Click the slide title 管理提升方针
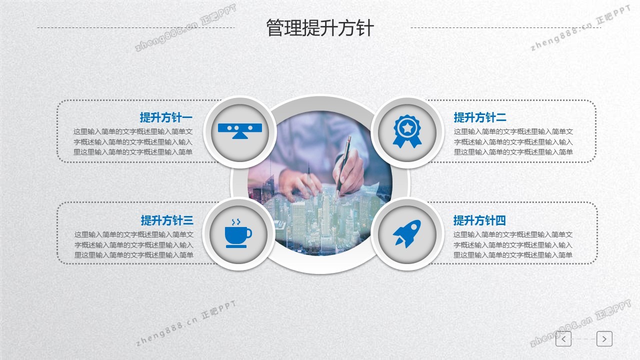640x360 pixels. (320, 28)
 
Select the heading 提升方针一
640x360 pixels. (166, 117)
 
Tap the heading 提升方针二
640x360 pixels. (480, 117)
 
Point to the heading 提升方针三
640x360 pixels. (167, 220)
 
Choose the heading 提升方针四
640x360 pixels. (479, 220)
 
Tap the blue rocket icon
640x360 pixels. (407, 233)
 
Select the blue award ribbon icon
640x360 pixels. (407, 131)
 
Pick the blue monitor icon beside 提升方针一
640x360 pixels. (240, 131)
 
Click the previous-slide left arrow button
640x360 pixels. (563, 339)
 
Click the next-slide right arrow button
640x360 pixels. (604, 339)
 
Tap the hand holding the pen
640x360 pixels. (348, 171)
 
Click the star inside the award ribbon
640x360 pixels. (407, 127)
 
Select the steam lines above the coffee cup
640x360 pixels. (236, 222)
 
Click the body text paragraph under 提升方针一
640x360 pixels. (133, 141)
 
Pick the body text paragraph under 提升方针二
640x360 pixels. (513, 141)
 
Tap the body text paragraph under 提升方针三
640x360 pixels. (134, 244)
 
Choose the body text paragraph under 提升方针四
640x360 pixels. (513, 244)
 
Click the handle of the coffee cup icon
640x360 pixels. (249, 233)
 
